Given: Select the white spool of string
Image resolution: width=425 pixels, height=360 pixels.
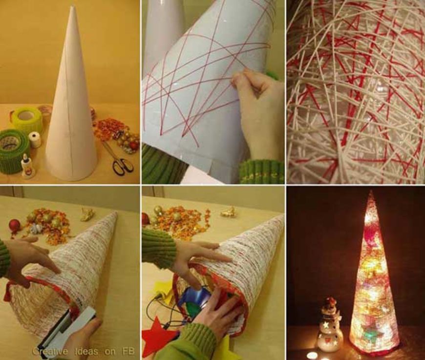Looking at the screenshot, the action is coord(35,140).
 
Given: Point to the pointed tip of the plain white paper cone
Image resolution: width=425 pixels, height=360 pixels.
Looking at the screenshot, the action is coord(72,6).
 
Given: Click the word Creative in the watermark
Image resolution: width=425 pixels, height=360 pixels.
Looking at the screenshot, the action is coord(50,352).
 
